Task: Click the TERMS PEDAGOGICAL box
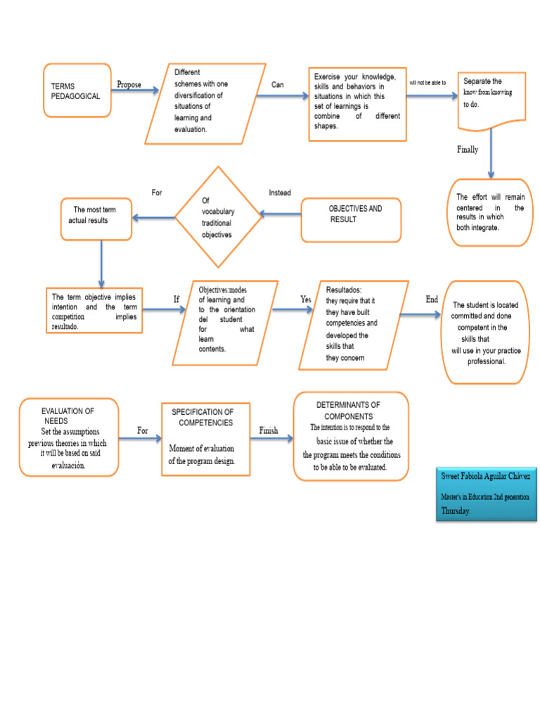[x=77, y=91]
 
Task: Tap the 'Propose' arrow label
[x=129, y=85]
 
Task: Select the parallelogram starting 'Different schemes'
[x=199, y=101]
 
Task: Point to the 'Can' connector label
[x=278, y=85]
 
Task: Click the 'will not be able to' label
[x=427, y=83]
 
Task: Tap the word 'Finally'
[x=468, y=149]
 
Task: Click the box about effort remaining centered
[x=490, y=212]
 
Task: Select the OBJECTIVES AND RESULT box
[x=352, y=214]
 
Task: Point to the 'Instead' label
[x=280, y=193]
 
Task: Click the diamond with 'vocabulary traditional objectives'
[x=219, y=217]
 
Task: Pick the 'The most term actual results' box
[x=95, y=216]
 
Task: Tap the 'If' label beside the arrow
[x=176, y=300]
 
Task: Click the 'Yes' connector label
[x=306, y=300]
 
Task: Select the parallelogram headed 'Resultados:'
[x=352, y=324]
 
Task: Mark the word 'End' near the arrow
[x=432, y=300]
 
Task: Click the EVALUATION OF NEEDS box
[x=68, y=437]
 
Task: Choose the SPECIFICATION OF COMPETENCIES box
[x=205, y=440]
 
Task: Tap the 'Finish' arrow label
[x=269, y=430]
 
